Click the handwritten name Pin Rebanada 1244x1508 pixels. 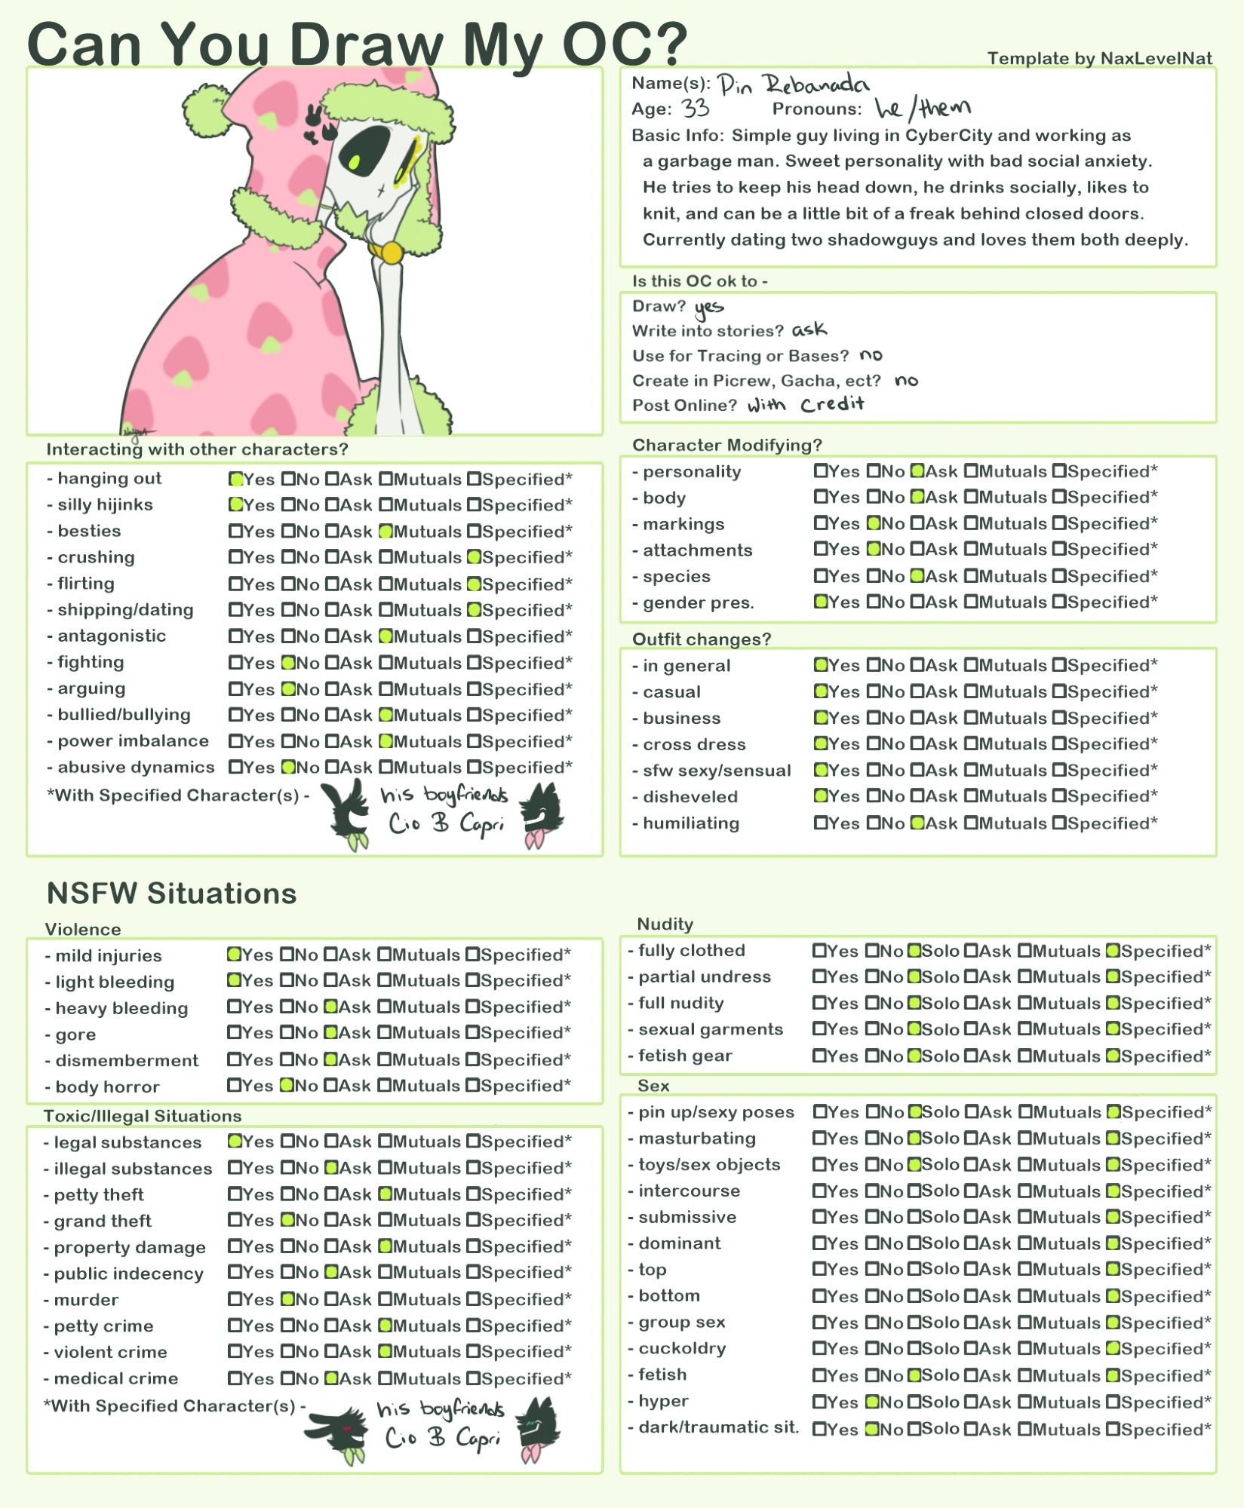point(792,84)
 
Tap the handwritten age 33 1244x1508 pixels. point(695,109)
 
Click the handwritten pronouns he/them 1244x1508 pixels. point(922,109)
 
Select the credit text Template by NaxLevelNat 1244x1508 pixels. point(1099,58)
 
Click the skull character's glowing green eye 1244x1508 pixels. point(353,161)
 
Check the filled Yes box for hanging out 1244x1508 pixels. point(236,479)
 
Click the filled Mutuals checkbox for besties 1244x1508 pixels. point(385,532)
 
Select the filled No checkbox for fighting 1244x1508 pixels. point(288,663)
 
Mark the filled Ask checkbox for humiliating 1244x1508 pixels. point(917,823)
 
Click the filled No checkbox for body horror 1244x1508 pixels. point(287,1086)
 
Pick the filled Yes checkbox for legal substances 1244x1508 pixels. point(235,1142)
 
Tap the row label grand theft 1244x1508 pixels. point(103,1221)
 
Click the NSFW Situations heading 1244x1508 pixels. point(171,893)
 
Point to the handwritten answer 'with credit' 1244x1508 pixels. point(806,405)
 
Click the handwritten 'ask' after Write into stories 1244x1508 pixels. point(809,330)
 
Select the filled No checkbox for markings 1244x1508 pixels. point(874,523)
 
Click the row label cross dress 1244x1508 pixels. point(694,744)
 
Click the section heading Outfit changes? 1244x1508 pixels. point(702,639)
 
